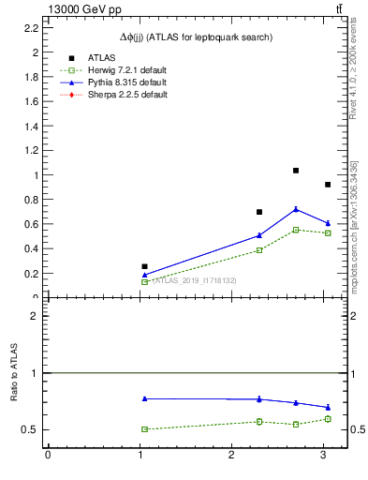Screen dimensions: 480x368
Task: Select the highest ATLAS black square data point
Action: tap(296, 171)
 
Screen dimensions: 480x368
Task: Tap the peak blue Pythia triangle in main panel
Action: tap(296, 209)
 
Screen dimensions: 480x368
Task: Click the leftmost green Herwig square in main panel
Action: tap(144, 281)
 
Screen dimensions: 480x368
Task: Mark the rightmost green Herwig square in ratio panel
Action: tap(327, 419)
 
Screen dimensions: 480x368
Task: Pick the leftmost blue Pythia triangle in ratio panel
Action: tap(144, 398)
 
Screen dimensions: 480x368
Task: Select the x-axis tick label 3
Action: tap(322, 457)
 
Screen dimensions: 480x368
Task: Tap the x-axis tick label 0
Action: tap(48, 457)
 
